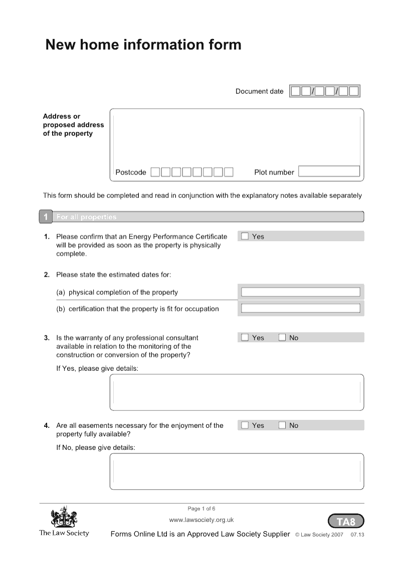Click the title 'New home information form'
click(x=143, y=45)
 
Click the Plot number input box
click(x=329, y=172)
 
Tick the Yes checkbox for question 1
click(x=245, y=236)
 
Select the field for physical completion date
click(x=301, y=292)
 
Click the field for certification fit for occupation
click(x=301, y=308)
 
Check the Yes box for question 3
click(x=245, y=337)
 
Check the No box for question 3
click(x=282, y=337)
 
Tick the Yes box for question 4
click(x=245, y=425)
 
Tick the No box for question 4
click(x=282, y=425)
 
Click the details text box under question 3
click(x=237, y=392)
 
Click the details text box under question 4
click(x=237, y=471)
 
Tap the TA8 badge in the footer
click(x=346, y=521)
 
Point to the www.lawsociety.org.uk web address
click(x=202, y=520)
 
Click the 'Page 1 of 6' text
click(x=202, y=508)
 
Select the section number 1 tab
click(x=45, y=217)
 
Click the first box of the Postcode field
click(x=155, y=172)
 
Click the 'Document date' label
click(x=259, y=91)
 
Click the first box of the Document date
click(x=296, y=91)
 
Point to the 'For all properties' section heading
click(x=86, y=217)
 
